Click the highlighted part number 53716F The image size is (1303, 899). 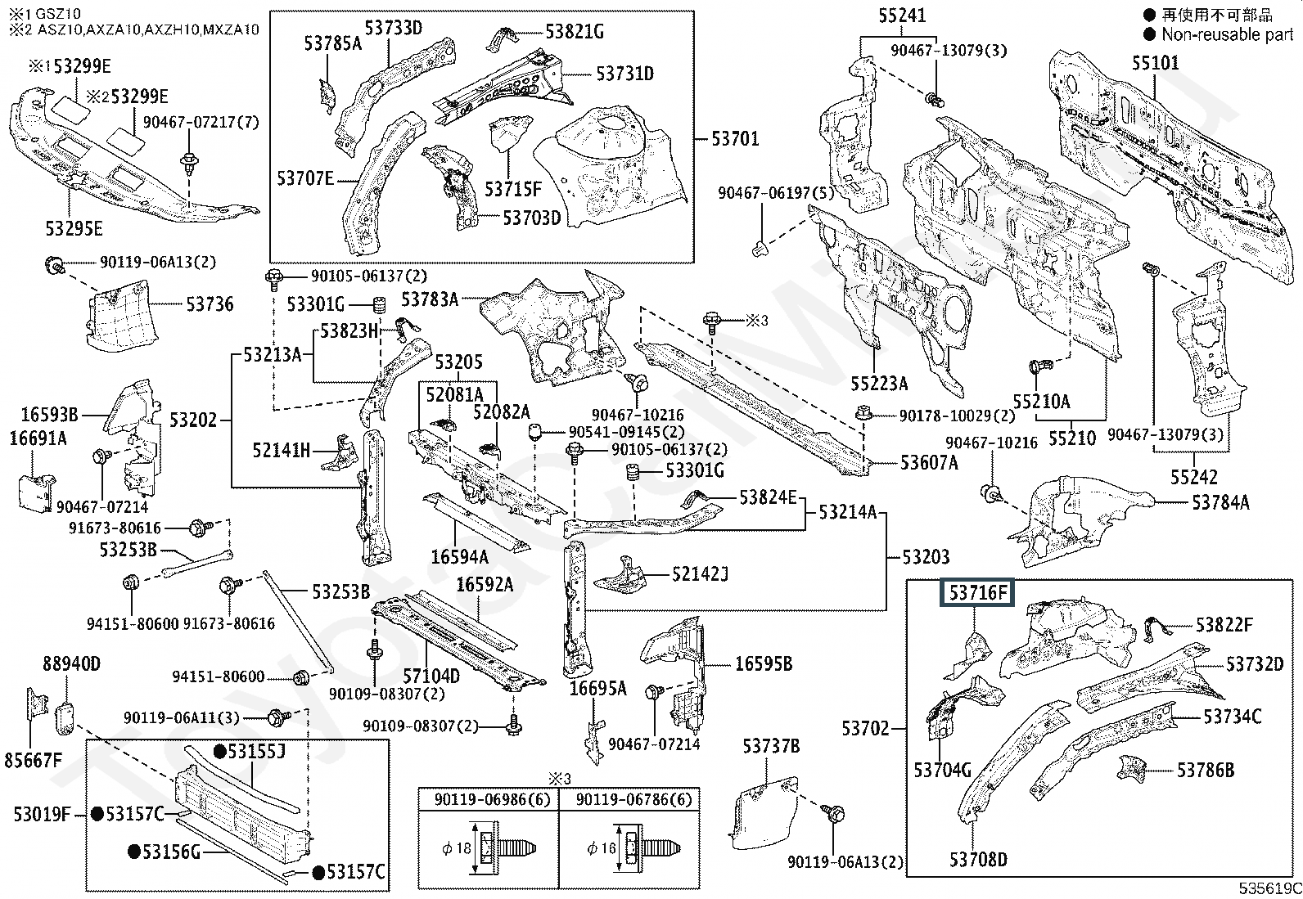coord(979,592)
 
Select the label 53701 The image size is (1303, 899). coord(735,138)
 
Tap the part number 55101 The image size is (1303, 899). coord(1156,63)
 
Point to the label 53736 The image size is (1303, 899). coord(210,304)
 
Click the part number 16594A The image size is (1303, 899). coord(459,557)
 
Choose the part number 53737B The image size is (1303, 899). coord(771,746)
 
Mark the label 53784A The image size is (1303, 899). coord(1220,502)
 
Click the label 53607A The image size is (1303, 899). coord(929,462)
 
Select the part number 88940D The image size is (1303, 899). coord(71,663)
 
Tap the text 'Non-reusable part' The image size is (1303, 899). coord(1229,34)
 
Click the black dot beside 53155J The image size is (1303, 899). coord(220,751)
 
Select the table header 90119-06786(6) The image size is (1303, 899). coord(633,798)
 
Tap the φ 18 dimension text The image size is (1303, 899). coord(457,848)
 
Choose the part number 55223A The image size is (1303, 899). coord(879,384)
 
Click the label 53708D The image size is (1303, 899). coord(978,859)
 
